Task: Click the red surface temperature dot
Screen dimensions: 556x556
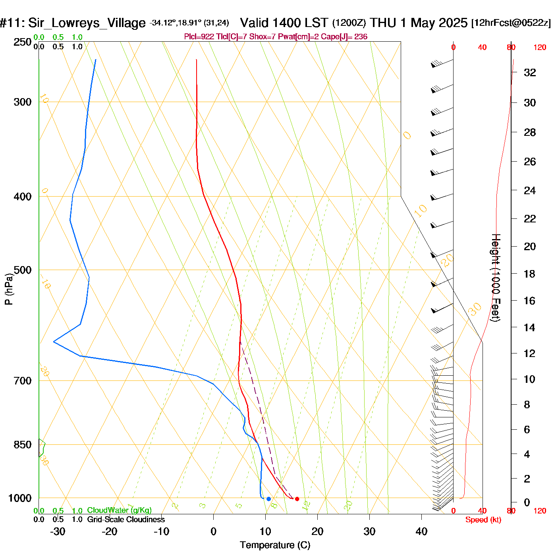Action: [x=297, y=499]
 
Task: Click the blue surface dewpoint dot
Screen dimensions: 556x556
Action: [x=269, y=499]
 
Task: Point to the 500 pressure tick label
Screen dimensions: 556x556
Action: [x=23, y=270]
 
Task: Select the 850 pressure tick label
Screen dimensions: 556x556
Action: [x=23, y=445]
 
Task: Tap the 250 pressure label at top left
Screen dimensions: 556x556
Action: [x=23, y=42]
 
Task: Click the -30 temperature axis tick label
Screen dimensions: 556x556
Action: [x=58, y=531]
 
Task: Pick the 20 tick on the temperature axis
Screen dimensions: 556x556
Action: [x=317, y=531]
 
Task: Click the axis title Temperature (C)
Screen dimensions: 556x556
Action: [x=275, y=545]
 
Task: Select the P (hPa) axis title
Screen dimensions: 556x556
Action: [x=9, y=289]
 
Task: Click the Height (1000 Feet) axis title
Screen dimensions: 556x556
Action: [x=496, y=278]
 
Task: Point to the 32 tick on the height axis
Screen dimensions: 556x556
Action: [x=530, y=73]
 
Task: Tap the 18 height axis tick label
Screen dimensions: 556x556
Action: [x=530, y=274]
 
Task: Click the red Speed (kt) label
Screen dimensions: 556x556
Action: [x=483, y=520]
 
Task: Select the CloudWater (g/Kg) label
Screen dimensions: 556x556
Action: [x=119, y=510]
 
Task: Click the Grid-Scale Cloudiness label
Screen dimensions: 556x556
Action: [x=126, y=519]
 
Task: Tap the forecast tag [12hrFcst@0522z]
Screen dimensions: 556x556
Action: [x=511, y=23]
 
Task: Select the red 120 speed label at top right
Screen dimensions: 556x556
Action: [x=540, y=48]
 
